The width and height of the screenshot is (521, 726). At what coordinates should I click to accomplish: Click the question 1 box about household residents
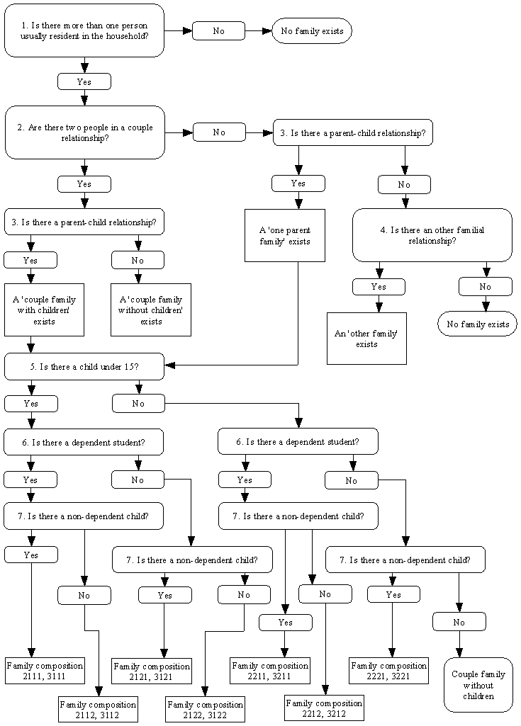84,30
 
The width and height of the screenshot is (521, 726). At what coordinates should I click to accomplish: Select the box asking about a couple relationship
84,132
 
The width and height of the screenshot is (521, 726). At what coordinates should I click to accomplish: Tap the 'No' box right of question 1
218,31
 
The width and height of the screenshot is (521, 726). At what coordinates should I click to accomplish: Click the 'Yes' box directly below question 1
84,82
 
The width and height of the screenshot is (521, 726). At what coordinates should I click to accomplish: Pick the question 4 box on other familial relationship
432,235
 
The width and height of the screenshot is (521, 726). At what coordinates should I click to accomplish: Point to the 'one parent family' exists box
284,235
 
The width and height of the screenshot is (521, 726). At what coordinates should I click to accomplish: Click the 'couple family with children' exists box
44,310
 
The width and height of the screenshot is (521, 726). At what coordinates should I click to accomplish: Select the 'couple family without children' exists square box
151,310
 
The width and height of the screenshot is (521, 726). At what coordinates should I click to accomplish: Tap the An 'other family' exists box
366,339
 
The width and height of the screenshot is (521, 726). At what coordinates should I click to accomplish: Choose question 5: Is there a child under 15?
84,366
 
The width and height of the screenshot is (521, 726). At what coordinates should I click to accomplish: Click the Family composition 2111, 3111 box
45,671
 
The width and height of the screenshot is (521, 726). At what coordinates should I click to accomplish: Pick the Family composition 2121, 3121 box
152,671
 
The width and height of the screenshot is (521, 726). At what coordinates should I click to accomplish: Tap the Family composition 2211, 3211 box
270,670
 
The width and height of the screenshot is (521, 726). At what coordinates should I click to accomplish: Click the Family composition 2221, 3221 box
389,670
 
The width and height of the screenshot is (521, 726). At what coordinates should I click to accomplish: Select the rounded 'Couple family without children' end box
478,685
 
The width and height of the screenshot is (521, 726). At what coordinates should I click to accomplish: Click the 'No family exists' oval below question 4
477,324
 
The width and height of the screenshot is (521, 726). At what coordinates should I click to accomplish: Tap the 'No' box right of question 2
219,132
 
